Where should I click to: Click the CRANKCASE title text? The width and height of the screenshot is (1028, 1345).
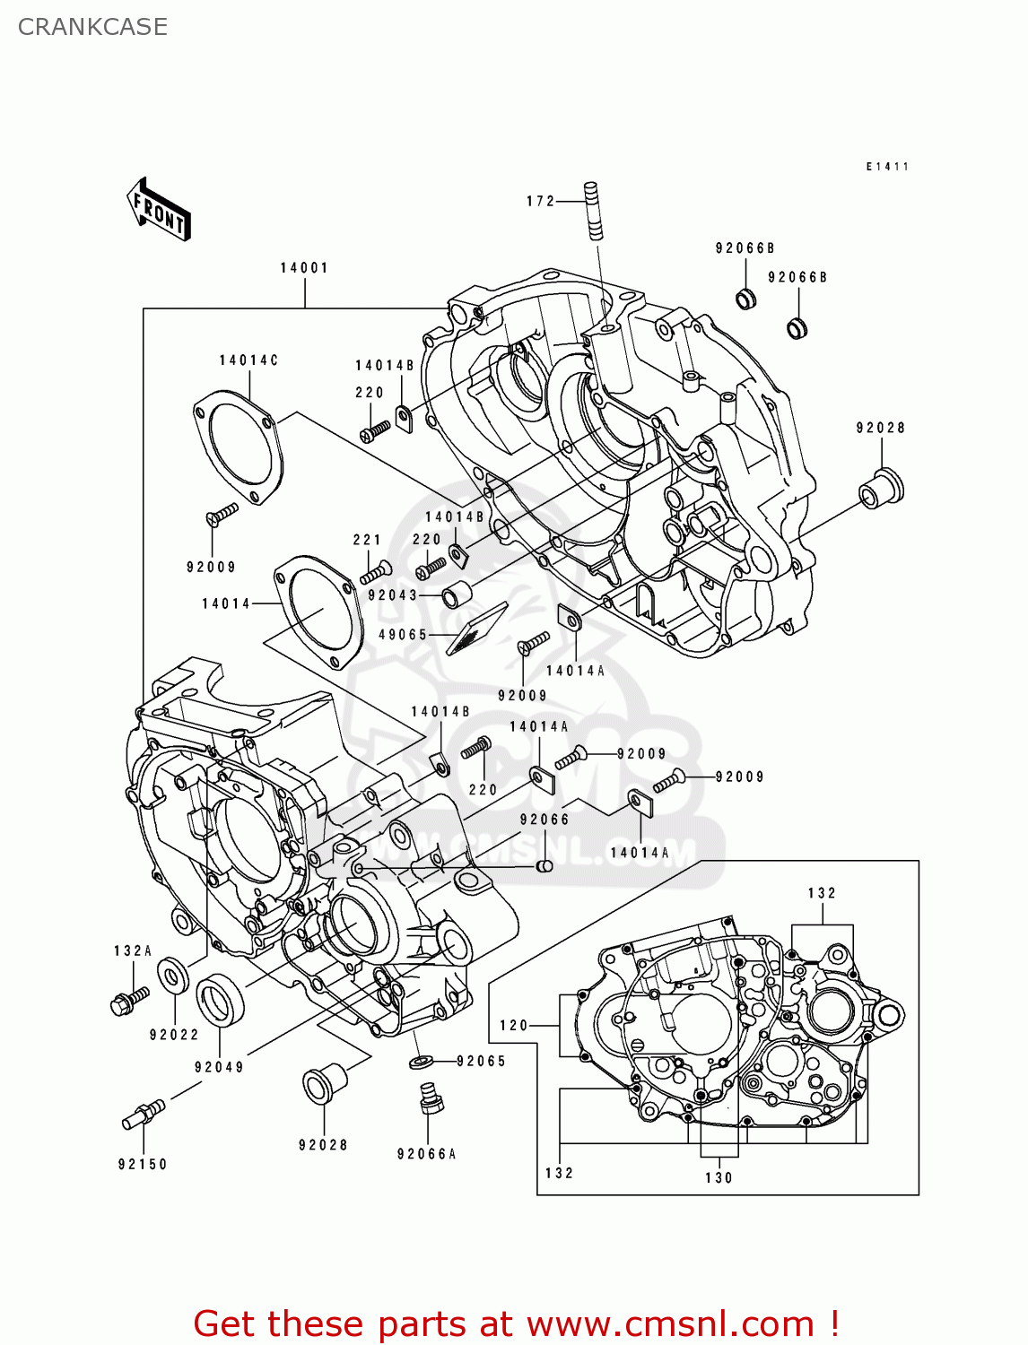pos(92,27)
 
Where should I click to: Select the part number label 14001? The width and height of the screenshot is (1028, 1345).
pos(304,268)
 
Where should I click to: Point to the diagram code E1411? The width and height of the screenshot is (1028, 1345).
pos(887,167)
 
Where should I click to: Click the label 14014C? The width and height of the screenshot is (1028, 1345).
pos(248,360)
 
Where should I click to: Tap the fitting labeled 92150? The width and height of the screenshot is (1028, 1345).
pos(143,1115)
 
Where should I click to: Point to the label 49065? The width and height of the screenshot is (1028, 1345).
pos(403,635)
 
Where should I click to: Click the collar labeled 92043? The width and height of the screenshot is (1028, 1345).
pos(457,594)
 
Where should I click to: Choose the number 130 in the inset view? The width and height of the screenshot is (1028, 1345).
pos(719,1178)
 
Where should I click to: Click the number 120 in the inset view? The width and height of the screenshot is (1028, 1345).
pos(514,1026)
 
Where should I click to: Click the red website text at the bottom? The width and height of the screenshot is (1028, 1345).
pos(516,1323)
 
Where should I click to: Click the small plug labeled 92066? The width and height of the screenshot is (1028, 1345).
pos(544,866)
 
